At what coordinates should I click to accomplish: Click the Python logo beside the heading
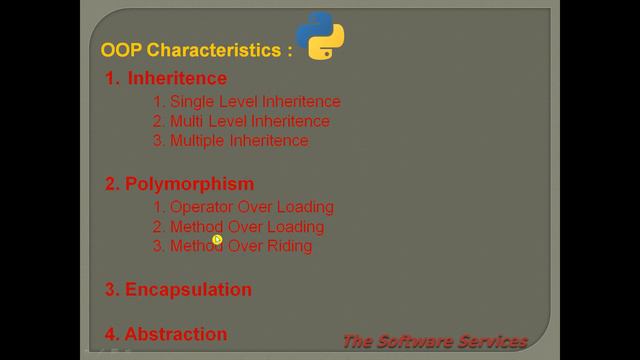321,37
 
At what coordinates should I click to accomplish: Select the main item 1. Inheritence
166,78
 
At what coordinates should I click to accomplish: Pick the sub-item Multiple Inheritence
231,141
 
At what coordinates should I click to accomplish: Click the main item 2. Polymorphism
179,183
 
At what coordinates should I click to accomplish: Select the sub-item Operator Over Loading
243,207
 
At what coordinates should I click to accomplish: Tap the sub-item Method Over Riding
232,246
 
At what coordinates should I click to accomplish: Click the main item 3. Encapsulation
178,290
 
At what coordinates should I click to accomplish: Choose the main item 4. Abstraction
166,334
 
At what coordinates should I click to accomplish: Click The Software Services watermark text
434,341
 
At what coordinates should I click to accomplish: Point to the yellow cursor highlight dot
217,239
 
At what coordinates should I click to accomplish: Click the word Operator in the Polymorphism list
200,207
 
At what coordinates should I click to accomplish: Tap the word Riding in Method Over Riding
290,246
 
